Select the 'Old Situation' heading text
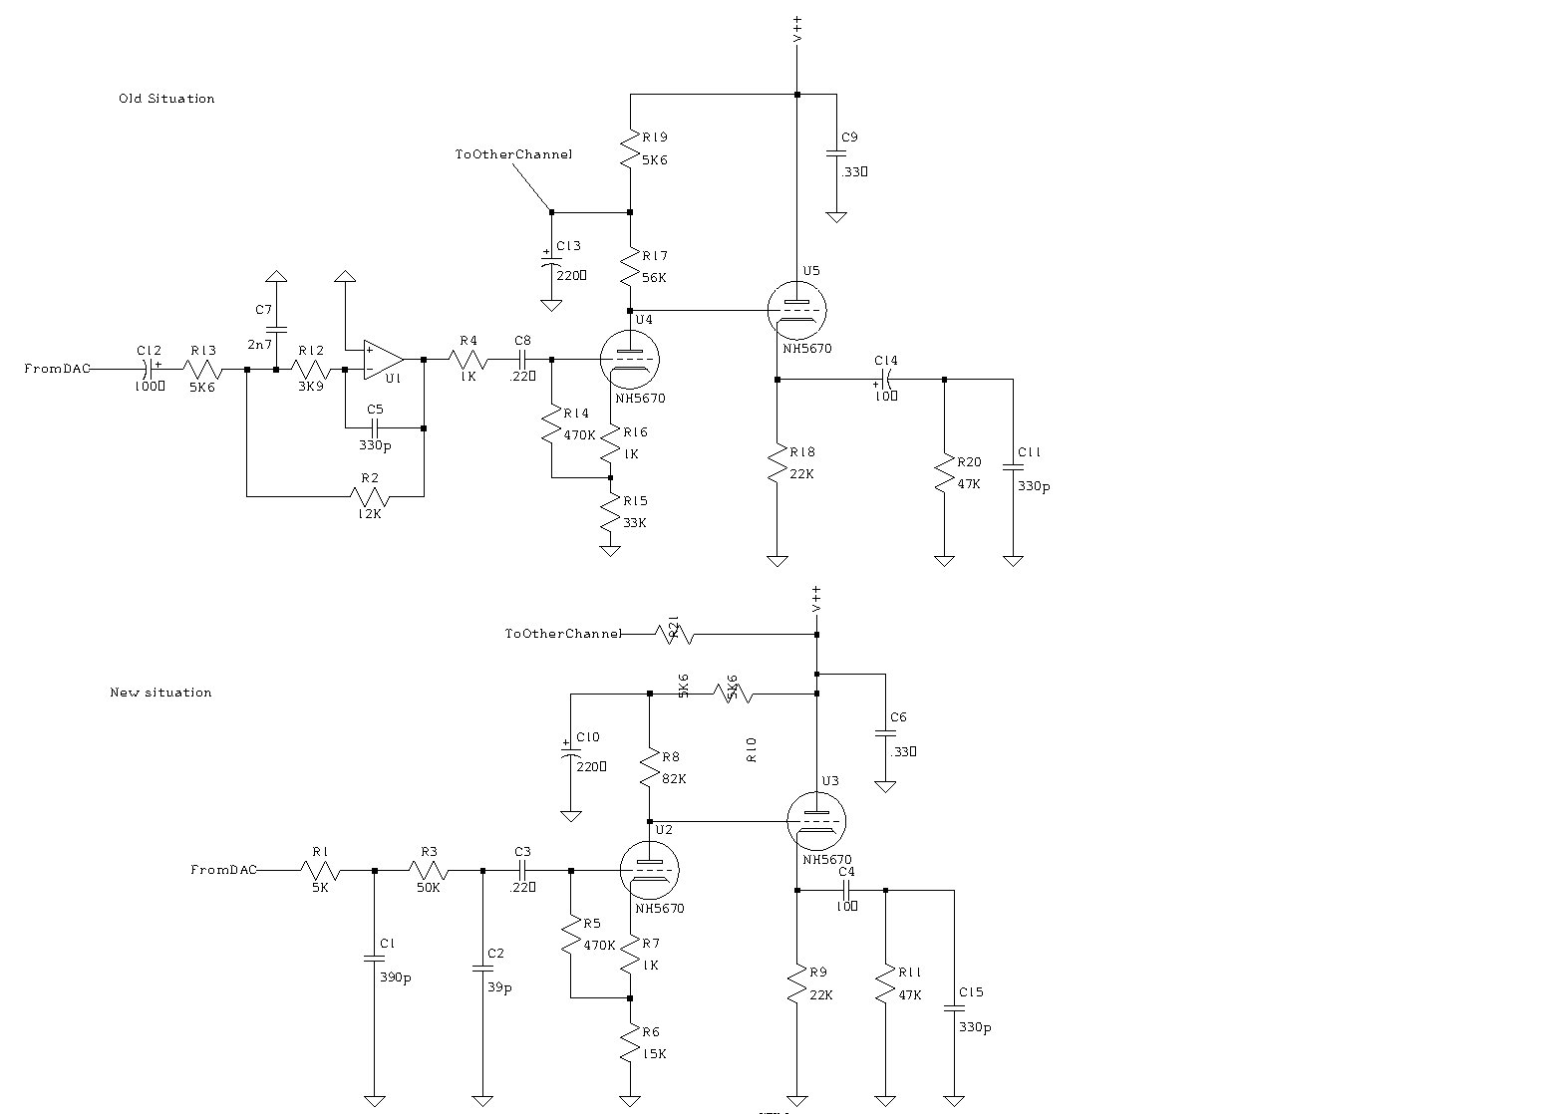tap(166, 99)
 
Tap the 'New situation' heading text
tap(160, 693)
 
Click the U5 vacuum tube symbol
tap(797, 310)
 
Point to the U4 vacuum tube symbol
tap(631, 360)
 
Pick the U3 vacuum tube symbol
tap(815, 821)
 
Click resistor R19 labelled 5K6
tap(630, 149)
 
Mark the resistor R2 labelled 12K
tap(371, 495)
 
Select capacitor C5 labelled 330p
tap(375, 428)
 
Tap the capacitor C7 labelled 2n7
tap(277, 328)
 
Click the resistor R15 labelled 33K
tap(611, 513)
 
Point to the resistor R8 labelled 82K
tap(649, 768)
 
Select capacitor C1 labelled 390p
tap(375, 958)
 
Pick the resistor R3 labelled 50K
tap(429, 871)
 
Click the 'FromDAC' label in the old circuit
tap(57, 369)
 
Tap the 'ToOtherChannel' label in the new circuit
tap(563, 634)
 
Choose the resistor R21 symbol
tap(675, 634)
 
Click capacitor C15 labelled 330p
tap(954, 1007)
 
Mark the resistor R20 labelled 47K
tap(944, 473)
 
